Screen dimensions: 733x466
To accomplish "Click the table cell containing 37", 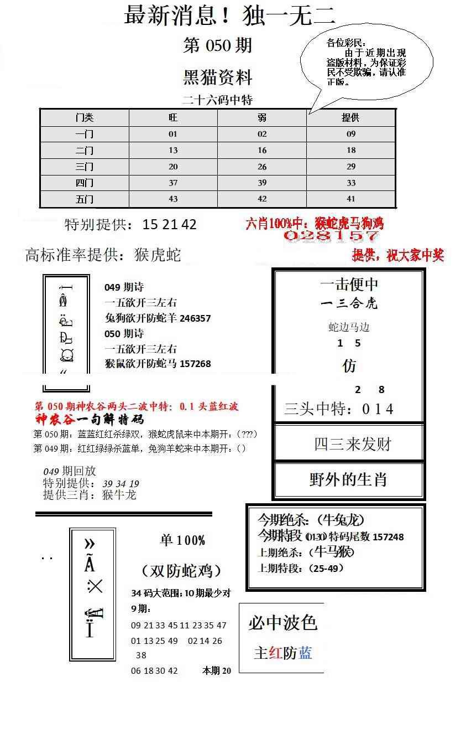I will click(173, 183).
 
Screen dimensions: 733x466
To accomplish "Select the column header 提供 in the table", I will click(350, 118).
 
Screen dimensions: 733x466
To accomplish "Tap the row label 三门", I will click(85, 167).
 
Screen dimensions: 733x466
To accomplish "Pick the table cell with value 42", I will click(262, 199).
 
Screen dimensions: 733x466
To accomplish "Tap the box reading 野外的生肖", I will click(348, 479).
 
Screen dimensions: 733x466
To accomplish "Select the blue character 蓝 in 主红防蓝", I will click(305, 653).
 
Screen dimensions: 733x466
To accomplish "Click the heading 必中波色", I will click(282, 623).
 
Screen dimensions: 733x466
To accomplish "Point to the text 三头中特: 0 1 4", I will click(339, 409).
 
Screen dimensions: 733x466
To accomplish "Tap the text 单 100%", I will click(182, 540).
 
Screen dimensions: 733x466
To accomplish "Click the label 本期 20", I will click(217, 670).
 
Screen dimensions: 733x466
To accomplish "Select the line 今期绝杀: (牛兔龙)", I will click(311, 520).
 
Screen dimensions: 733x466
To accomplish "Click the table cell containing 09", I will click(351, 134).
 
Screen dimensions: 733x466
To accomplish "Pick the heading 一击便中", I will click(349, 285).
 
